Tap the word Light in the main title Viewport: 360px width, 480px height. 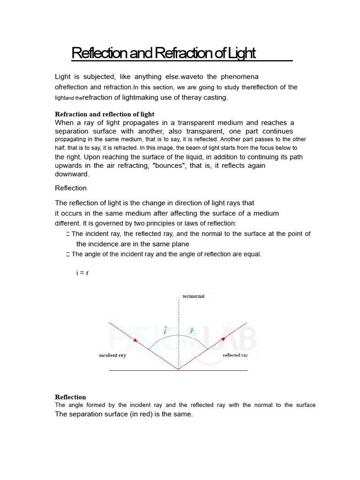point(242,53)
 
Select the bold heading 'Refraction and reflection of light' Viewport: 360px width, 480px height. point(105,114)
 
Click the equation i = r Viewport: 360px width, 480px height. point(82,273)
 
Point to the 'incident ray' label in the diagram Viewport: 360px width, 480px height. point(112,355)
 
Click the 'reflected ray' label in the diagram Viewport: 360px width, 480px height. point(235,355)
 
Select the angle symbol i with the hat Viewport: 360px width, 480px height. point(165,330)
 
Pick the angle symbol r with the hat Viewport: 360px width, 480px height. point(192,330)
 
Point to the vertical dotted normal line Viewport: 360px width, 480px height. point(179,319)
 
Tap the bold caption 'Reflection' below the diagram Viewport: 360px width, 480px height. point(71,397)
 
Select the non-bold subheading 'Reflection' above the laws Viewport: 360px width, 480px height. point(71,188)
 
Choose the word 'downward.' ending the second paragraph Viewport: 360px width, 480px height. point(72,174)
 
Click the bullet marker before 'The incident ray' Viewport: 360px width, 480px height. point(68,234)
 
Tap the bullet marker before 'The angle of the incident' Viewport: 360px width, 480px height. point(68,255)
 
